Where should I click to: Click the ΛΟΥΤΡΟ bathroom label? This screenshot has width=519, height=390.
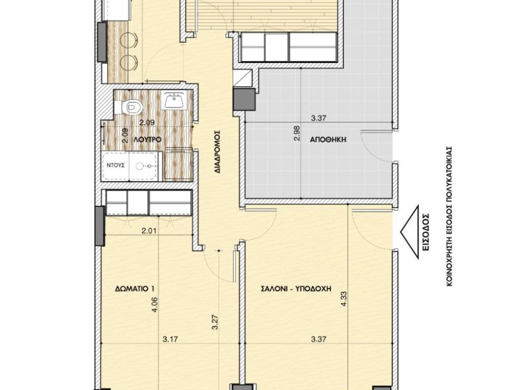[147, 140]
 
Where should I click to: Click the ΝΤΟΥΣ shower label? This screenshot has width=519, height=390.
[116, 165]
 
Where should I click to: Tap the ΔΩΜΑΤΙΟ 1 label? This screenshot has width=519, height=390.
[135, 288]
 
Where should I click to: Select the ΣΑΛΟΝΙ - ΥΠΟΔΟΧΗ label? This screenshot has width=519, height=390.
[296, 288]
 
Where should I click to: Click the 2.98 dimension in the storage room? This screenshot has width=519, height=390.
[296, 133]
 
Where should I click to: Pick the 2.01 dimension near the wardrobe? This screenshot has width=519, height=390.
[149, 231]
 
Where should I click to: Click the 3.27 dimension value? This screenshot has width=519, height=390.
[215, 321]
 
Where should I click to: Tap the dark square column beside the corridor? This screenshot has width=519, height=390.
[245, 100]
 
